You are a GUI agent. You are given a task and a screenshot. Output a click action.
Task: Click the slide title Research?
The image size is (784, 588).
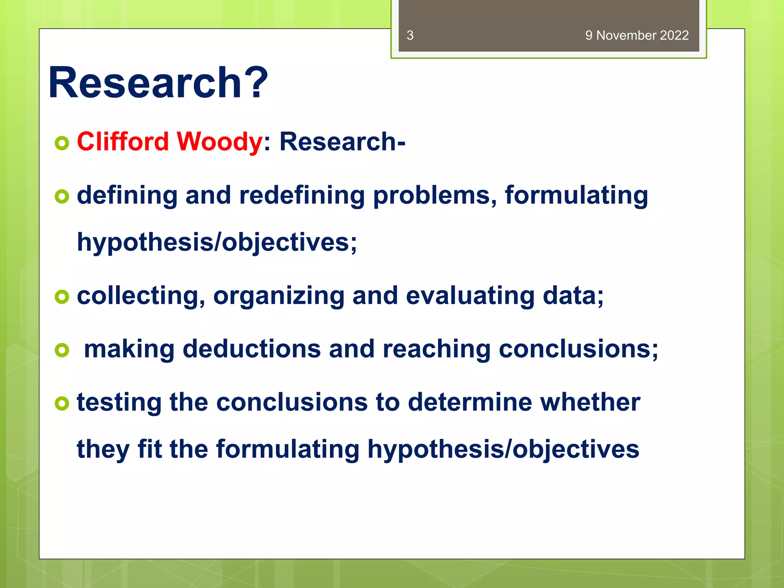[x=158, y=83]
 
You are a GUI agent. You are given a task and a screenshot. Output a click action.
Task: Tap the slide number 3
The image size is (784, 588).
[x=410, y=35]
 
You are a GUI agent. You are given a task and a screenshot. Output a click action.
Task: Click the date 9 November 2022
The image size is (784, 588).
[x=637, y=35]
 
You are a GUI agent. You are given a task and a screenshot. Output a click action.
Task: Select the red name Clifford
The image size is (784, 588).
[x=122, y=141]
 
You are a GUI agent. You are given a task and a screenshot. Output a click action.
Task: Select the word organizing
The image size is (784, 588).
[x=279, y=296]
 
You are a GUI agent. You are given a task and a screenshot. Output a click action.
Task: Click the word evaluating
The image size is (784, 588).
[x=470, y=296]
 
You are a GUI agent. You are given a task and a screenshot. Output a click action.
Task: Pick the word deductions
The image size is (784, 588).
[x=252, y=349]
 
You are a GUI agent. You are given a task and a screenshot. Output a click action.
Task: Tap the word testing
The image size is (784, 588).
[x=119, y=402]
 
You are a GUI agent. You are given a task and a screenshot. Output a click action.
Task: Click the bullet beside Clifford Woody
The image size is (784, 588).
[x=62, y=143]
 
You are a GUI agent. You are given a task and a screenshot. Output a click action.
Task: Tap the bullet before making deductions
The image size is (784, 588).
[x=62, y=350]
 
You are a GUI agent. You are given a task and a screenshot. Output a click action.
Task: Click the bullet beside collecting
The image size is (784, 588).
[x=62, y=297]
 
